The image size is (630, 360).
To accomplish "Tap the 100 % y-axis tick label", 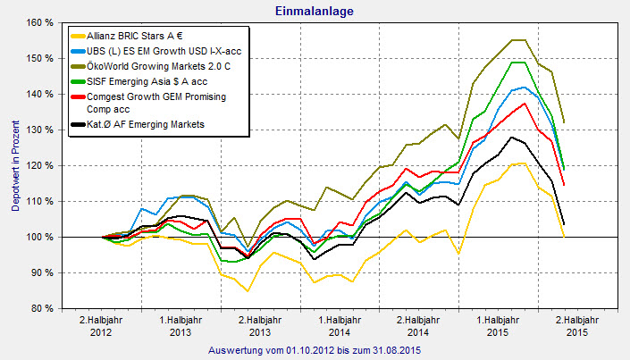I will pos(41,238).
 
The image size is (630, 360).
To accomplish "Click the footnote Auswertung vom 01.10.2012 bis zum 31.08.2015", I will pos(314,350).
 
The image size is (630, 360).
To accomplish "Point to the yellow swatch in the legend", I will pos(79,36).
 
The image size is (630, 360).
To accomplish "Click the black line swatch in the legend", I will pos(79,122).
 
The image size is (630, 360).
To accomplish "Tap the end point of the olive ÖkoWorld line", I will pos(564,122).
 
